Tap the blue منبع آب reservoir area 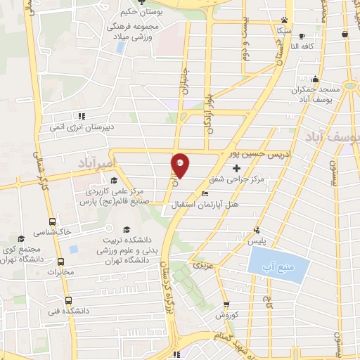(278, 267)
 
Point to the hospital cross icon (236, 168)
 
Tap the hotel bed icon (205, 194)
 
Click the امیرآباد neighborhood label (92, 163)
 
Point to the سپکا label (283, 32)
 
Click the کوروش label (226, 316)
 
